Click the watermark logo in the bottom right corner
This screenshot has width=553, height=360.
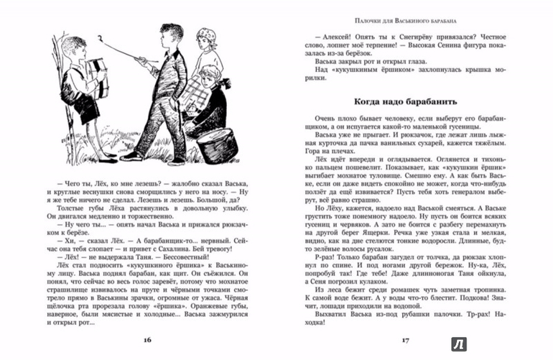pyautogui.click(x=534, y=344)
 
